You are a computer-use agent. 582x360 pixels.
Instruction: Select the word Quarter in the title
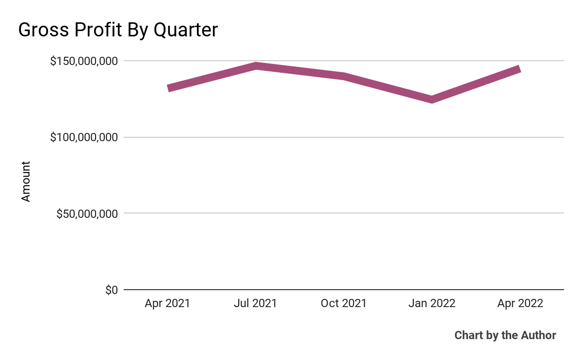pyautogui.click(x=185, y=30)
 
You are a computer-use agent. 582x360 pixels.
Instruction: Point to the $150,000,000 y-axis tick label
pyautogui.click(x=84, y=61)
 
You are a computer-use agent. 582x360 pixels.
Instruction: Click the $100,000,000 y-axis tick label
pyautogui.click(x=84, y=137)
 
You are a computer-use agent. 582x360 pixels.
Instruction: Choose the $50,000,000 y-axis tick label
pyautogui.click(x=87, y=213)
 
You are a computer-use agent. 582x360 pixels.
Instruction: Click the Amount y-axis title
pyautogui.click(x=26, y=181)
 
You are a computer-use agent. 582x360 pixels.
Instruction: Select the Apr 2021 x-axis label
pyautogui.click(x=167, y=304)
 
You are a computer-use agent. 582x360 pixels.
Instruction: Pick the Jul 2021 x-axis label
pyautogui.click(x=255, y=304)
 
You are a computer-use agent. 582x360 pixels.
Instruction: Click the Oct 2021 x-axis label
pyautogui.click(x=343, y=304)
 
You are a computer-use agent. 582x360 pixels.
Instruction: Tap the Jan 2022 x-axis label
pyautogui.click(x=432, y=304)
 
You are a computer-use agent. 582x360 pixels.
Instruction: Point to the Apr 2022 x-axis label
pyautogui.click(x=520, y=304)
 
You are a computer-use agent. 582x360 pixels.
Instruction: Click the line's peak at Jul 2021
pyautogui.click(x=256, y=66)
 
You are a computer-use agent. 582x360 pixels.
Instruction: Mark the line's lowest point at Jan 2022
pyautogui.click(x=432, y=99)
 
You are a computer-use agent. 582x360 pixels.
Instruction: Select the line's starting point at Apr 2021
pyautogui.click(x=168, y=88)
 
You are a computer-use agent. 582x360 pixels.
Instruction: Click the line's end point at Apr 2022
pyautogui.click(x=519, y=69)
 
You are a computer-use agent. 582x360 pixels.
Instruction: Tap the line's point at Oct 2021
pyautogui.click(x=343, y=76)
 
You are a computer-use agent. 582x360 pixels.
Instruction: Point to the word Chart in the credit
pyautogui.click(x=468, y=335)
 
